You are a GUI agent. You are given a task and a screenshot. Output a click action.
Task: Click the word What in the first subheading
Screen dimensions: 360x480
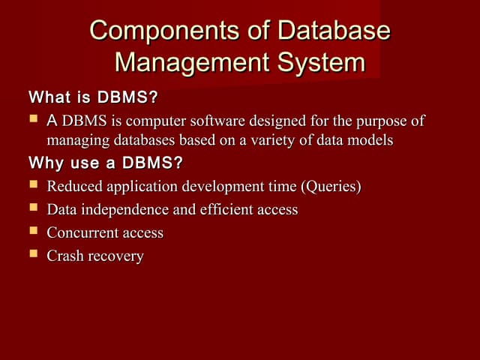[x=47, y=97]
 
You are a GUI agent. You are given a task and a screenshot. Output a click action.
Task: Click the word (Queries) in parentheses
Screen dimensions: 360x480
[x=331, y=186]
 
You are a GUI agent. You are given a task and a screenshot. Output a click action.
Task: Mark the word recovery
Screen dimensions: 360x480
[x=115, y=256]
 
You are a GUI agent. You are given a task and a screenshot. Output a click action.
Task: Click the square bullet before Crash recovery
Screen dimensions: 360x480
[x=33, y=255]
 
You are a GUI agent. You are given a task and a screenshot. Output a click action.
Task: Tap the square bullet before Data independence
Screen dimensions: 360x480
[x=33, y=208]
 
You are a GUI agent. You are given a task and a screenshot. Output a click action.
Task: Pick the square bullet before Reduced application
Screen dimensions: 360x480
[x=33, y=184]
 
